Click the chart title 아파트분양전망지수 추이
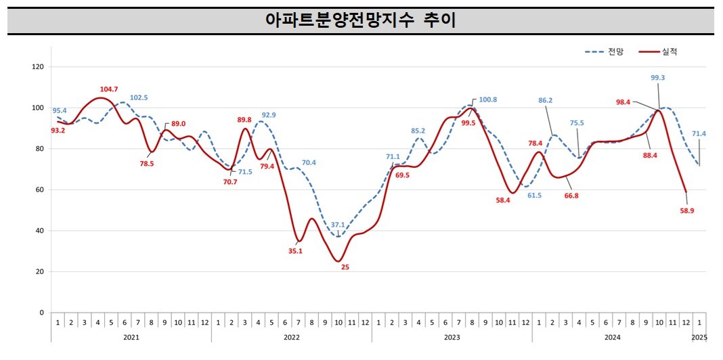click(361, 20)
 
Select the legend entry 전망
click(616, 51)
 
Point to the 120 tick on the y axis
click(38, 67)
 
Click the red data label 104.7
click(109, 89)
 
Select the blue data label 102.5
click(139, 97)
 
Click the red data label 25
click(345, 267)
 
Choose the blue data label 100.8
click(487, 99)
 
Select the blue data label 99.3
click(657, 78)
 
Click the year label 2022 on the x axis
click(291, 336)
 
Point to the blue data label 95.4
click(60, 110)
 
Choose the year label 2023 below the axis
click(452, 336)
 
